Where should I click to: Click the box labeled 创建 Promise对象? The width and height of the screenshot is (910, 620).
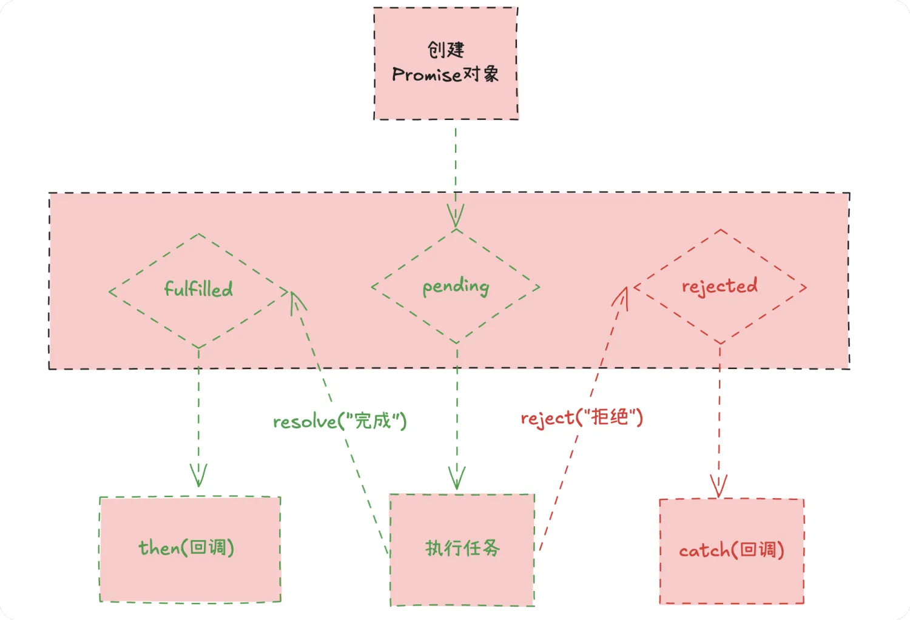pyautogui.click(x=446, y=64)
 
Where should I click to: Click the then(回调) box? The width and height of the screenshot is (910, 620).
pyautogui.click(x=190, y=549)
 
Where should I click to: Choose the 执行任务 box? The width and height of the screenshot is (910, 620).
pyautogui.click(x=462, y=549)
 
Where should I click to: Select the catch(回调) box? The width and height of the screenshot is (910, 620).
pyautogui.click(x=732, y=551)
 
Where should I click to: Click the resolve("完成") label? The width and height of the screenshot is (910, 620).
pyautogui.click(x=340, y=421)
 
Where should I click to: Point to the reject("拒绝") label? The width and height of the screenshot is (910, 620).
pyautogui.click(x=582, y=418)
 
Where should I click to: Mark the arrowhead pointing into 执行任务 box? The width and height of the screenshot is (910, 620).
pyautogui.click(x=457, y=479)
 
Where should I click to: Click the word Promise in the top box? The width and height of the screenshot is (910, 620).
pyautogui.click(x=426, y=75)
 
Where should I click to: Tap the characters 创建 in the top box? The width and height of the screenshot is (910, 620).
pyautogui.click(x=446, y=50)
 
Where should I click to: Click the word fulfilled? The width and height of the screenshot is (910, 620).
pyautogui.click(x=198, y=289)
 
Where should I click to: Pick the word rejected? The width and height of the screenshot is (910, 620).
pyautogui.click(x=720, y=286)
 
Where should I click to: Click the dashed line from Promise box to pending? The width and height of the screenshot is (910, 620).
pyautogui.click(x=456, y=164)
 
